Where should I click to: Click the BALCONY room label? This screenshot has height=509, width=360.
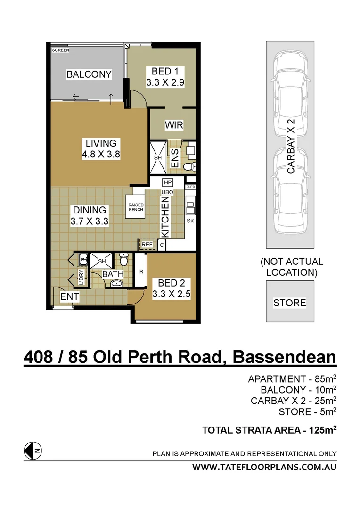(89, 74)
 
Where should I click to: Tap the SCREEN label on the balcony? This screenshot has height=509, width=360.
(60, 50)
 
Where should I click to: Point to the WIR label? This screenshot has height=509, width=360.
(173, 125)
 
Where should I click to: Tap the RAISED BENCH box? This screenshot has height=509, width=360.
(136, 207)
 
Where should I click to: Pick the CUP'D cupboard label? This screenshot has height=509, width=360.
(191, 187)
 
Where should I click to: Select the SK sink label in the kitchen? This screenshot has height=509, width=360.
(191, 220)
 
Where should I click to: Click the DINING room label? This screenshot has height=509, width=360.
(89, 211)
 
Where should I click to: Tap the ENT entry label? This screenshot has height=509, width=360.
(69, 297)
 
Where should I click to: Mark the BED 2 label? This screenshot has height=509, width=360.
(171, 283)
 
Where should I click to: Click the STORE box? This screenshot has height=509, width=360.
(290, 302)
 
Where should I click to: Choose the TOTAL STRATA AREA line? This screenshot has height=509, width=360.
(269, 430)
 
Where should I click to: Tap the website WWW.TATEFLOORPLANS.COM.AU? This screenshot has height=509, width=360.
(265, 468)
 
